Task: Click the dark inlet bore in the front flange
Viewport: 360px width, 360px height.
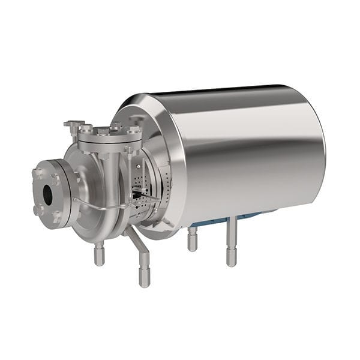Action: [x=47, y=193]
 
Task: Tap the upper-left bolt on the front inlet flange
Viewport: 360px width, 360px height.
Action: [x=37, y=174]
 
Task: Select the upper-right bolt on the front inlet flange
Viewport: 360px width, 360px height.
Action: [x=56, y=179]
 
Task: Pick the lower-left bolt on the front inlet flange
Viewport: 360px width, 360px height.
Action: [x=38, y=209]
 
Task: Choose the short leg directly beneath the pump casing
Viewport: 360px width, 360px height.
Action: [x=99, y=254]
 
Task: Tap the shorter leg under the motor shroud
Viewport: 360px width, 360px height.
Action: [x=192, y=239]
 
